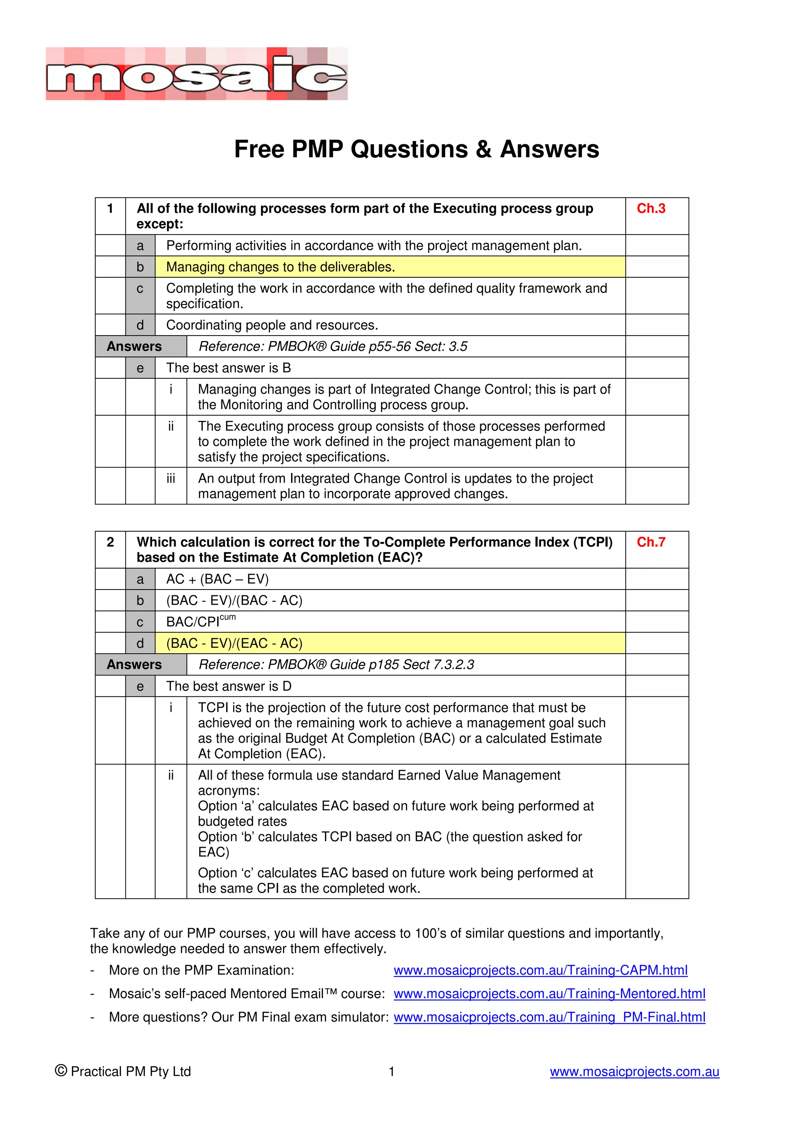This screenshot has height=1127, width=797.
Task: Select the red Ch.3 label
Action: pyautogui.click(x=651, y=208)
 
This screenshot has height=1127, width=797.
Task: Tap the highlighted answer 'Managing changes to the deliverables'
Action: pyautogui.click(x=281, y=267)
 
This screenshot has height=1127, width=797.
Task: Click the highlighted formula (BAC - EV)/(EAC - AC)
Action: pyautogui.click(x=234, y=643)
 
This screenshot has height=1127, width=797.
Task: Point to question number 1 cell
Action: pyautogui.click(x=111, y=208)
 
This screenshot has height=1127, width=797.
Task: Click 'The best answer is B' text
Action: pyautogui.click(x=228, y=368)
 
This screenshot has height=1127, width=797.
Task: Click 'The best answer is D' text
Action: pyautogui.click(x=229, y=686)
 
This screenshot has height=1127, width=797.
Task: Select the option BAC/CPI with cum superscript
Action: pyautogui.click(x=200, y=621)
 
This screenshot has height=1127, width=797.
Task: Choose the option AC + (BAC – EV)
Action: pyautogui.click(x=218, y=579)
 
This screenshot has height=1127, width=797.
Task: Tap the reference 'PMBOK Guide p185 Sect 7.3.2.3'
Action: pyautogui.click(x=336, y=665)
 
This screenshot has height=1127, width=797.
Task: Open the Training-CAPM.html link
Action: pyautogui.click(x=540, y=970)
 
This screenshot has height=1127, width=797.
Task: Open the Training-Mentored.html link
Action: pyautogui.click(x=549, y=994)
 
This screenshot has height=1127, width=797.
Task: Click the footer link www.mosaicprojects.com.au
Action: pyautogui.click(x=634, y=1071)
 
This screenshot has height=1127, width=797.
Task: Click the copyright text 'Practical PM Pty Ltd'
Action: pyautogui.click(x=130, y=1071)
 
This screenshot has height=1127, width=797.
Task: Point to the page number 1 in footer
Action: pyautogui.click(x=391, y=1071)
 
